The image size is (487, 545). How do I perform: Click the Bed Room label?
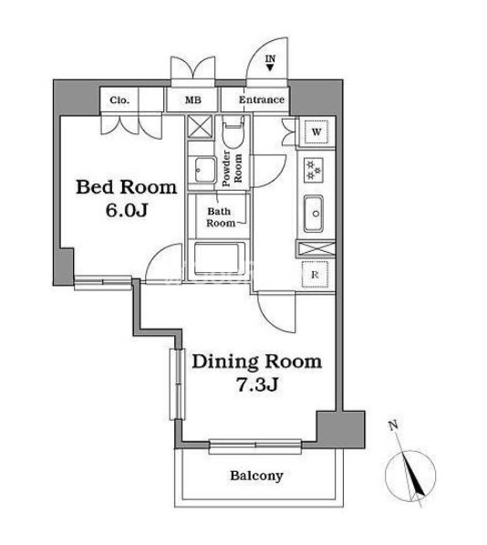click(127, 187)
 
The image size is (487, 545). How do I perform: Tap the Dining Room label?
click(257, 362)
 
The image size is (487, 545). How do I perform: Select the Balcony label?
click(256, 476)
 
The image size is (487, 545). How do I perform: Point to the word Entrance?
click(262, 100)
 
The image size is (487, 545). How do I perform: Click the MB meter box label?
click(193, 100)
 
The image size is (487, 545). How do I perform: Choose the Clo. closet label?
click(119, 100)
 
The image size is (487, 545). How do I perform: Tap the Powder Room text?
click(232, 168)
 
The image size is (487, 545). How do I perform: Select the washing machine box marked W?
click(316, 131)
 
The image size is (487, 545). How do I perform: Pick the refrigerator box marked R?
click(315, 275)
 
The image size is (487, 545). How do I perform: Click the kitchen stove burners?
click(314, 170)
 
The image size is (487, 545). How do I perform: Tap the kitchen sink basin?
click(314, 214)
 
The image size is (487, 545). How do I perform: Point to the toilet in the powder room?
click(233, 134)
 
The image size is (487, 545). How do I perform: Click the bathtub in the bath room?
click(217, 258)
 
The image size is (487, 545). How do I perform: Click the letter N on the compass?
click(392, 425)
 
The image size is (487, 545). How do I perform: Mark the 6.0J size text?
click(127, 210)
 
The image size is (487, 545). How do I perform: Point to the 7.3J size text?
click(257, 384)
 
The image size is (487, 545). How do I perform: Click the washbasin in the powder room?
click(204, 170)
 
